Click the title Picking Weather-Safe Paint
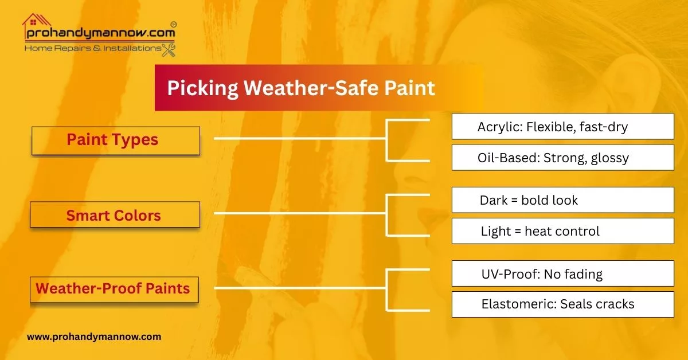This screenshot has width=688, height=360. [x=301, y=88]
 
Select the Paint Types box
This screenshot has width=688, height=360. [x=115, y=140]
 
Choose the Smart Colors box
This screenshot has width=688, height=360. [x=115, y=216]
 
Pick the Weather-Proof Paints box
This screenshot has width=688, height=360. [x=114, y=288]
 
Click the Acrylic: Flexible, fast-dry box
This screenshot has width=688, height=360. [x=562, y=126]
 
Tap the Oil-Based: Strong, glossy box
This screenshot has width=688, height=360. [x=562, y=157]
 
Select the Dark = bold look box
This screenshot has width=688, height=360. [x=562, y=200]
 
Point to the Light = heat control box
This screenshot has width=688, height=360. [x=562, y=231]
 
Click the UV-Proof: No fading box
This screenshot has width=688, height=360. [x=562, y=273]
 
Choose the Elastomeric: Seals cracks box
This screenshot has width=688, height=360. [x=562, y=304]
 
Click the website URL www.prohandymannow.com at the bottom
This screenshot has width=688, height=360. [x=94, y=336]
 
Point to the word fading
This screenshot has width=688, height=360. [x=583, y=274]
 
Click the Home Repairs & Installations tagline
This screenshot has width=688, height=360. [x=92, y=49]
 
